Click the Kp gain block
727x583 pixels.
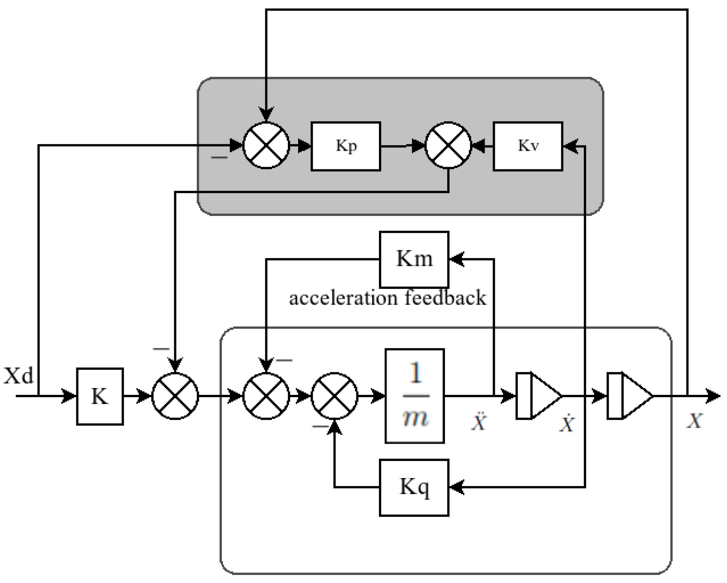pyautogui.click(x=345, y=146)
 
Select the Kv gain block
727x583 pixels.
pyautogui.click(x=528, y=146)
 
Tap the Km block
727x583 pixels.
pyautogui.click(x=414, y=259)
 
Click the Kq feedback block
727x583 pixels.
pyautogui.click(x=414, y=487)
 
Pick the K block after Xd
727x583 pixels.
pyautogui.click(x=100, y=396)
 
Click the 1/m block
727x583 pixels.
pyautogui.click(x=415, y=396)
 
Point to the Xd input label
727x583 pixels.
pyautogui.click(x=18, y=376)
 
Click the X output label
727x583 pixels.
pyautogui.click(x=694, y=421)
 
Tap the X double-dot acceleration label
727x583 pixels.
pyautogui.click(x=479, y=422)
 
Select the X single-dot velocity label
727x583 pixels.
pyautogui.click(x=567, y=424)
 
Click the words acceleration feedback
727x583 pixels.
pyautogui.click(x=387, y=298)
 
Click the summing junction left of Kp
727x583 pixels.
pyautogui.click(x=266, y=145)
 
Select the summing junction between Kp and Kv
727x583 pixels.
pyautogui.click(x=448, y=145)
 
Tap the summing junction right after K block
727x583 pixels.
pyautogui.click(x=175, y=396)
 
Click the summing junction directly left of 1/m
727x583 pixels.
pyautogui.click(x=334, y=396)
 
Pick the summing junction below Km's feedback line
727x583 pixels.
pyautogui.click(x=266, y=396)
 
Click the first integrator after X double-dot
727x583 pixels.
pyautogui.click(x=538, y=396)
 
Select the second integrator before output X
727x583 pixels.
pyautogui.click(x=629, y=396)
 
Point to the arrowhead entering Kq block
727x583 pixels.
pyautogui.click(x=457, y=487)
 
